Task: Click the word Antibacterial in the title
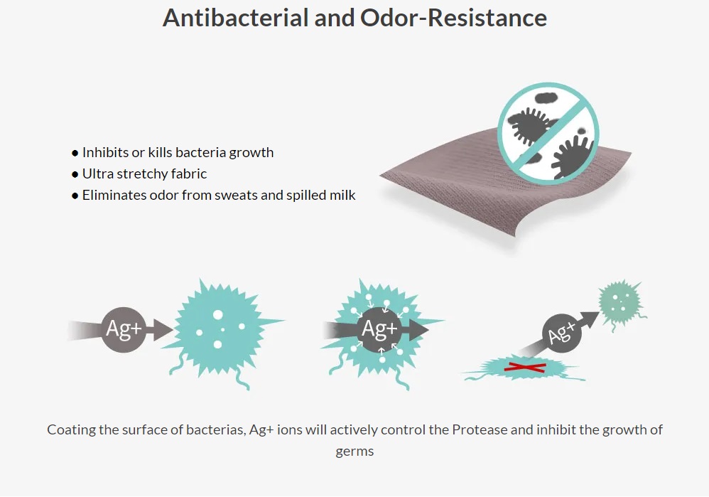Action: point(235,18)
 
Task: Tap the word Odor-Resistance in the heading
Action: point(453,18)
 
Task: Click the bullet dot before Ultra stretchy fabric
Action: point(75,174)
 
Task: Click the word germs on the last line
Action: point(354,451)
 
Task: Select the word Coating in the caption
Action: point(72,430)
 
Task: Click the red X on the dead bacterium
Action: point(525,367)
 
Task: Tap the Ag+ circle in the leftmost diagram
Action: point(124,329)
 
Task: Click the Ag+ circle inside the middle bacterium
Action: point(379,329)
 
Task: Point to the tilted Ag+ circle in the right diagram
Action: point(562,334)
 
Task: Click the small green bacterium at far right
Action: point(621,302)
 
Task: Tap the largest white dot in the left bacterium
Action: point(218,314)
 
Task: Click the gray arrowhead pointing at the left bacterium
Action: point(163,329)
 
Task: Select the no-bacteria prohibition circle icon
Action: point(548,133)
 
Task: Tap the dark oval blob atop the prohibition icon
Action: point(546,97)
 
